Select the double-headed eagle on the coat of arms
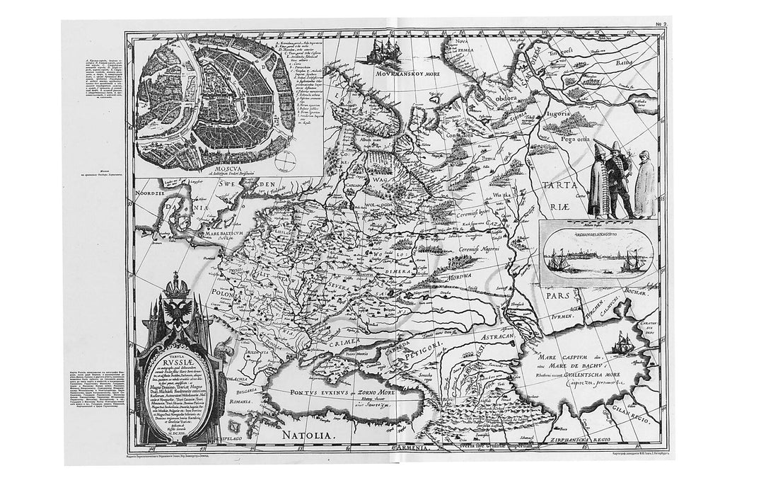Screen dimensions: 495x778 pyautogui.click(x=173, y=311)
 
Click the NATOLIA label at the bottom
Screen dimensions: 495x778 pyautogui.click(x=308, y=427)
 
